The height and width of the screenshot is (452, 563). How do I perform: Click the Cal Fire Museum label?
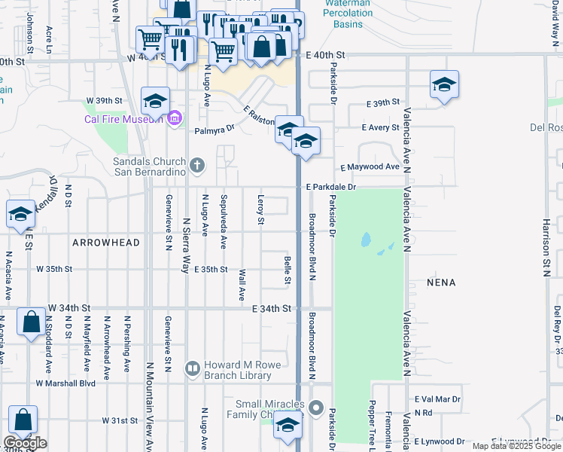(x=123, y=118)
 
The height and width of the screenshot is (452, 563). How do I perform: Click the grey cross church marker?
(x=197, y=165)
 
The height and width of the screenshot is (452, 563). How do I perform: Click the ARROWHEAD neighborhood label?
(x=106, y=243)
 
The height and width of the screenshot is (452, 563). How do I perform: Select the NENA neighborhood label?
(x=442, y=282)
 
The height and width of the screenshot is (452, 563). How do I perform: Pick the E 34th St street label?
(x=272, y=309)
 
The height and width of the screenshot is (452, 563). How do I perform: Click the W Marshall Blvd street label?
(x=66, y=383)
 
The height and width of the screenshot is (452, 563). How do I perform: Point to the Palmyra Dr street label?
(x=215, y=129)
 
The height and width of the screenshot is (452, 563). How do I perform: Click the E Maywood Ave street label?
(x=370, y=166)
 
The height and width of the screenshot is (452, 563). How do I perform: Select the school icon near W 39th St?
(x=155, y=100)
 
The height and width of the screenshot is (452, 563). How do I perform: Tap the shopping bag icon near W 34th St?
(x=31, y=323)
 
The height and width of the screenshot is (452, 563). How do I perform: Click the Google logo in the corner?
(x=25, y=443)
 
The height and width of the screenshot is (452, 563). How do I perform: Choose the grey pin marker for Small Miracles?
(x=318, y=411)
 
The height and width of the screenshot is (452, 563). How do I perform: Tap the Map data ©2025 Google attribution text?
(x=516, y=446)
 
